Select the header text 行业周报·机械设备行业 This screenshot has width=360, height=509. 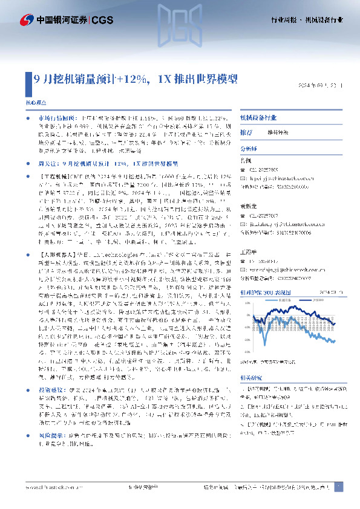click(x=306, y=21)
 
